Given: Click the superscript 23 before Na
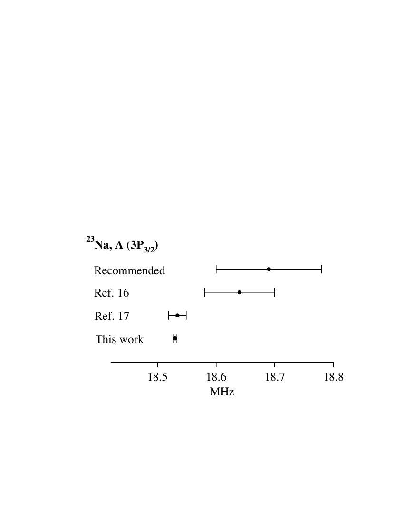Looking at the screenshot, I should pos(90,239).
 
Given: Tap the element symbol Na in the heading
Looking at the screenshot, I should pos(102,245).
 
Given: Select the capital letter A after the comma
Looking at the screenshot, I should pos(119,245).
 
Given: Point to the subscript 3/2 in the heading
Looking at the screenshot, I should pos(149,249).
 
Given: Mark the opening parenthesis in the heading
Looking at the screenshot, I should pos(128,246).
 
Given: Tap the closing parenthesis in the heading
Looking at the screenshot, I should pos(156,246).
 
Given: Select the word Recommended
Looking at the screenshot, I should pos(129,271).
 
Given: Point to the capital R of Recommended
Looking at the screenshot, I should pos(98,270).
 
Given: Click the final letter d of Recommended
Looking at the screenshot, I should pos(162,270).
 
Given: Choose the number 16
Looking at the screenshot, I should pos(123,293).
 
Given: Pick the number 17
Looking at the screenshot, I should pos(123,316).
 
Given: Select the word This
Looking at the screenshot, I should pos(106,339).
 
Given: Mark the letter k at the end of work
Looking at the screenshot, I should pos(141,339).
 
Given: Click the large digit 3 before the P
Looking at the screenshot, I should pos(133,245).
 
